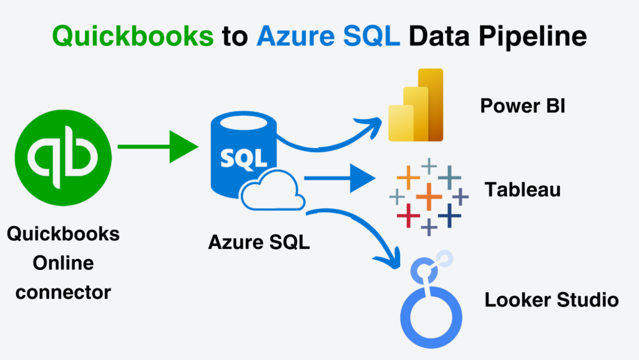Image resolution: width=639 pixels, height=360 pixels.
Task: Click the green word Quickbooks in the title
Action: (132, 37)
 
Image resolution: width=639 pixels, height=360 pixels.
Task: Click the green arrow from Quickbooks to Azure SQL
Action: (156, 147)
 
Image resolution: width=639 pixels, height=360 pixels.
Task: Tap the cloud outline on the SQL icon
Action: (273, 190)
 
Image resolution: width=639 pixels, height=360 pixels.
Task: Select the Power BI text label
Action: (522, 105)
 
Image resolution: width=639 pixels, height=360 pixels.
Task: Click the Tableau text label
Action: (522, 189)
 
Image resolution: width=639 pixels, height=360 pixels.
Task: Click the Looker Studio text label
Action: (551, 300)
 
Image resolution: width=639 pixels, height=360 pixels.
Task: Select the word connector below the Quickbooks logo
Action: (63, 291)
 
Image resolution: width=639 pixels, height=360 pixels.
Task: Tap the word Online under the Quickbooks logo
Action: (63, 263)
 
